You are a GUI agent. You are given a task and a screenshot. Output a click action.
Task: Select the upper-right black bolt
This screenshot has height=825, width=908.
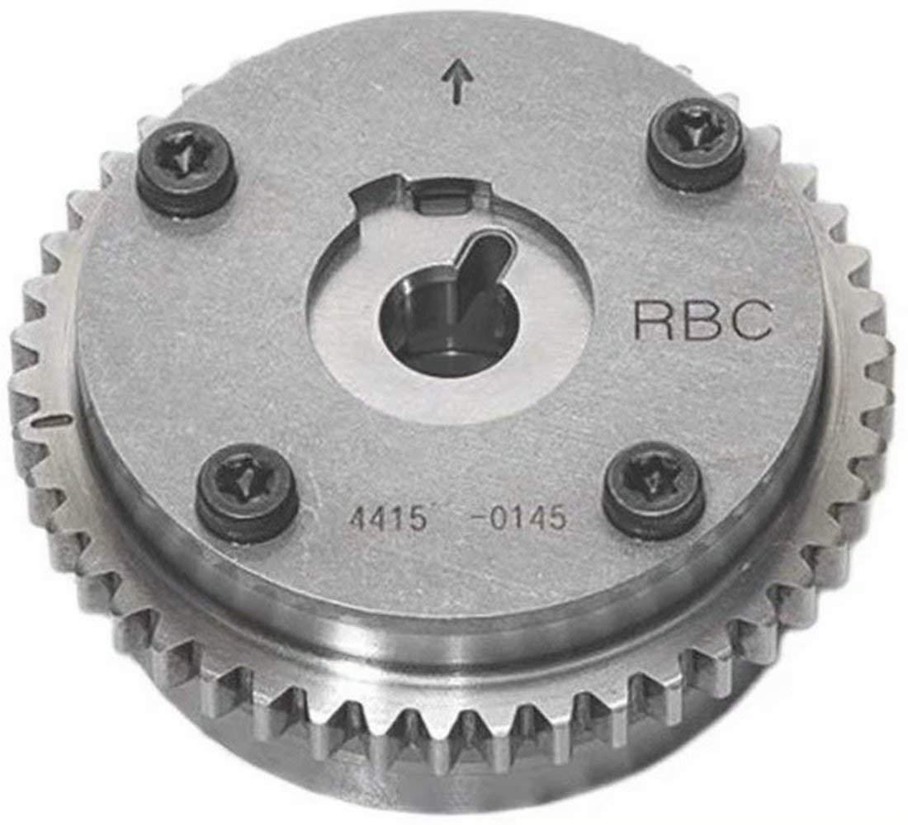coord(696,143)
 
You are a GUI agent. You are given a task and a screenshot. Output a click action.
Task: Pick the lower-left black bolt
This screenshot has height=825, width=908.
coord(247,492)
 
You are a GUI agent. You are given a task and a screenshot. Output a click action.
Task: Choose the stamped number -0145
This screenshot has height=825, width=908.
coord(518,517)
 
